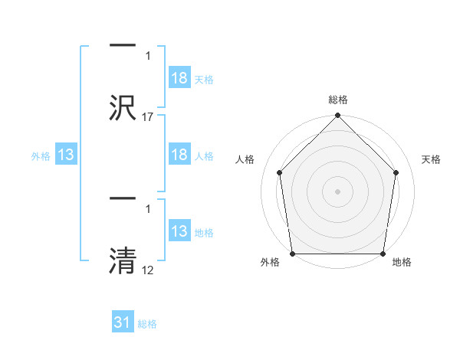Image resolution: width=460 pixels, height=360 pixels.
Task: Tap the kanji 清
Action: [x=123, y=258]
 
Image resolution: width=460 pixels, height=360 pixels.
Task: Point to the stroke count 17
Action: [x=148, y=116]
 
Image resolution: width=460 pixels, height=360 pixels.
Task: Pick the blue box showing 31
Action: [x=123, y=323]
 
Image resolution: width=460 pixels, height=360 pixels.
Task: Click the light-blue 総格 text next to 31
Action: [x=147, y=324]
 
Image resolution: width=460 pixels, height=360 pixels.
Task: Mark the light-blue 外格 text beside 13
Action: [x=41, y=156]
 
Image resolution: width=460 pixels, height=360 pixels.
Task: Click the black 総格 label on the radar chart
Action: [x=338, y=100]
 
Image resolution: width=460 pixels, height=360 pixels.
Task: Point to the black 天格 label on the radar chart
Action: [x=431, y=159]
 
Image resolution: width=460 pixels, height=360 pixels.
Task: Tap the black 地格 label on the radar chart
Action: [x=402, y=263]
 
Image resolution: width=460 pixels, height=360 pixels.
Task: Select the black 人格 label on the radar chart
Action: [x=245, y=159]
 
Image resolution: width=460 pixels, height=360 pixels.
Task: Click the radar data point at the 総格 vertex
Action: [x=338, y=116]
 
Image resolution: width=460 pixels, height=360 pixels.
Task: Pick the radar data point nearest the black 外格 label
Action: [x=293, y=254]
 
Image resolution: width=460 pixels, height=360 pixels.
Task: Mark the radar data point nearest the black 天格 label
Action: [x=396, y=172]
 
